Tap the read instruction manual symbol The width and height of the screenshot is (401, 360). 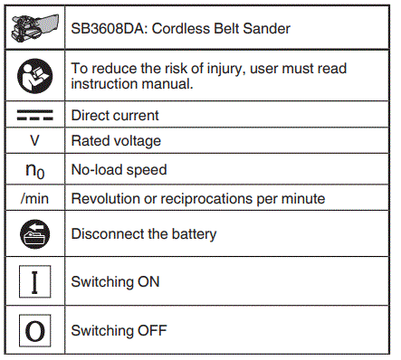[35, 75]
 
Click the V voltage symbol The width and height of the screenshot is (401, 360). [35, 141]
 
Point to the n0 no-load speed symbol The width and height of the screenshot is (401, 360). [35, 170]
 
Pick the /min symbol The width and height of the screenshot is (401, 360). [35, 198]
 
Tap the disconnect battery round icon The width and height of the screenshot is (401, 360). [35, 234]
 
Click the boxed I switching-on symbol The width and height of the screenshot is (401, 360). [35, 282]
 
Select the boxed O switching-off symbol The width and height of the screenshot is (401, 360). [35, 329]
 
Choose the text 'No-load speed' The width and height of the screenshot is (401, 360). [117, 169]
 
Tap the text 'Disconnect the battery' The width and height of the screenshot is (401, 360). [144, 234]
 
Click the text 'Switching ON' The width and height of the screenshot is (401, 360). [115, 282]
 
